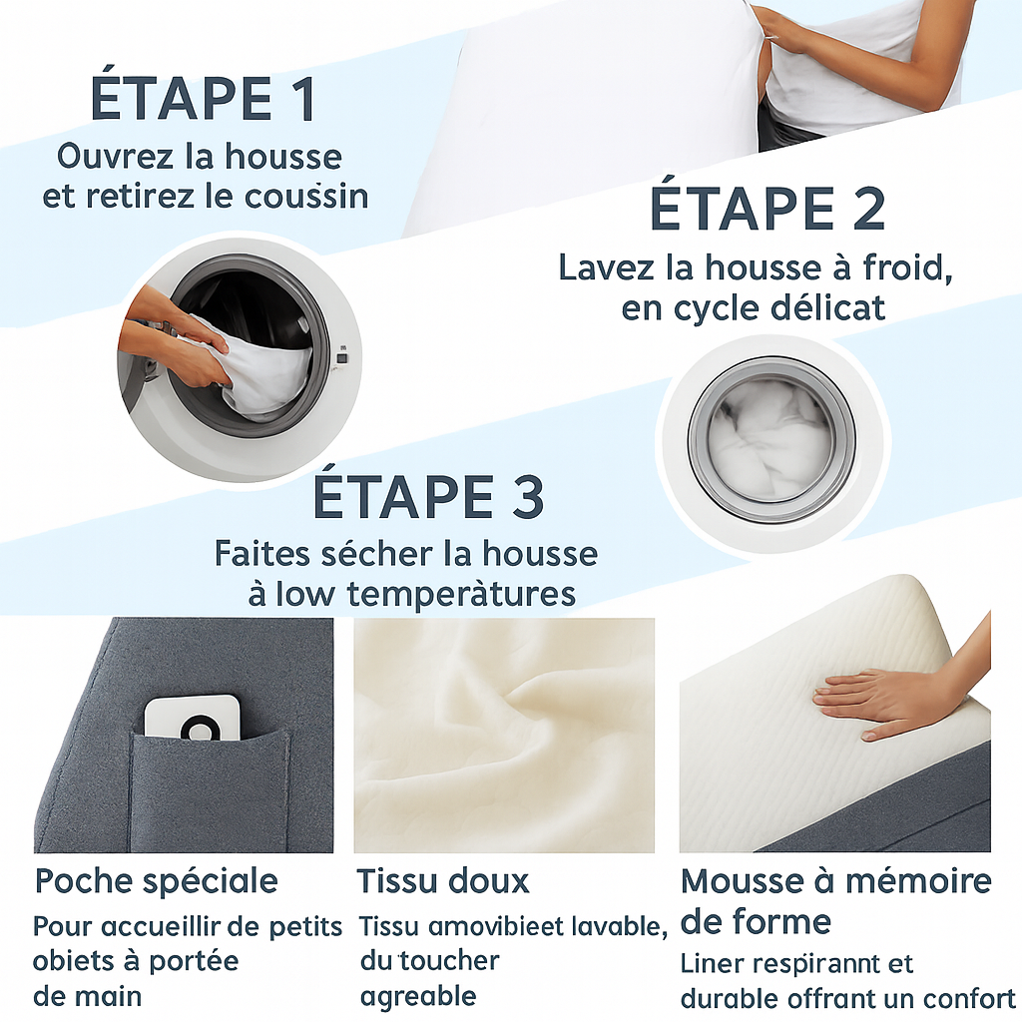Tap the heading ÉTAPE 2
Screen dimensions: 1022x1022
[x=766, y=209]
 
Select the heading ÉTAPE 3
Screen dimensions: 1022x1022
[x=428, y=497]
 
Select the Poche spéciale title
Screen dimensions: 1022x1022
[x=157, y=881]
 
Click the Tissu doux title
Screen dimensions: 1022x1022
[x=443, y=881]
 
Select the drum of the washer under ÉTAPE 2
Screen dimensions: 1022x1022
[x=769, y=439]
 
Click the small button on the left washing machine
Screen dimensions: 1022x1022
[x=341, y=357]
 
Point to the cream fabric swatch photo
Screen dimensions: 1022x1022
[x=504, y=734]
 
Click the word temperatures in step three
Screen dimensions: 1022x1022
[x=461, y=594]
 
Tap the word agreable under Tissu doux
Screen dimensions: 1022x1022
[x=418, y=996]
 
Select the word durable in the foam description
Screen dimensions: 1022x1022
[x=730, y=999]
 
